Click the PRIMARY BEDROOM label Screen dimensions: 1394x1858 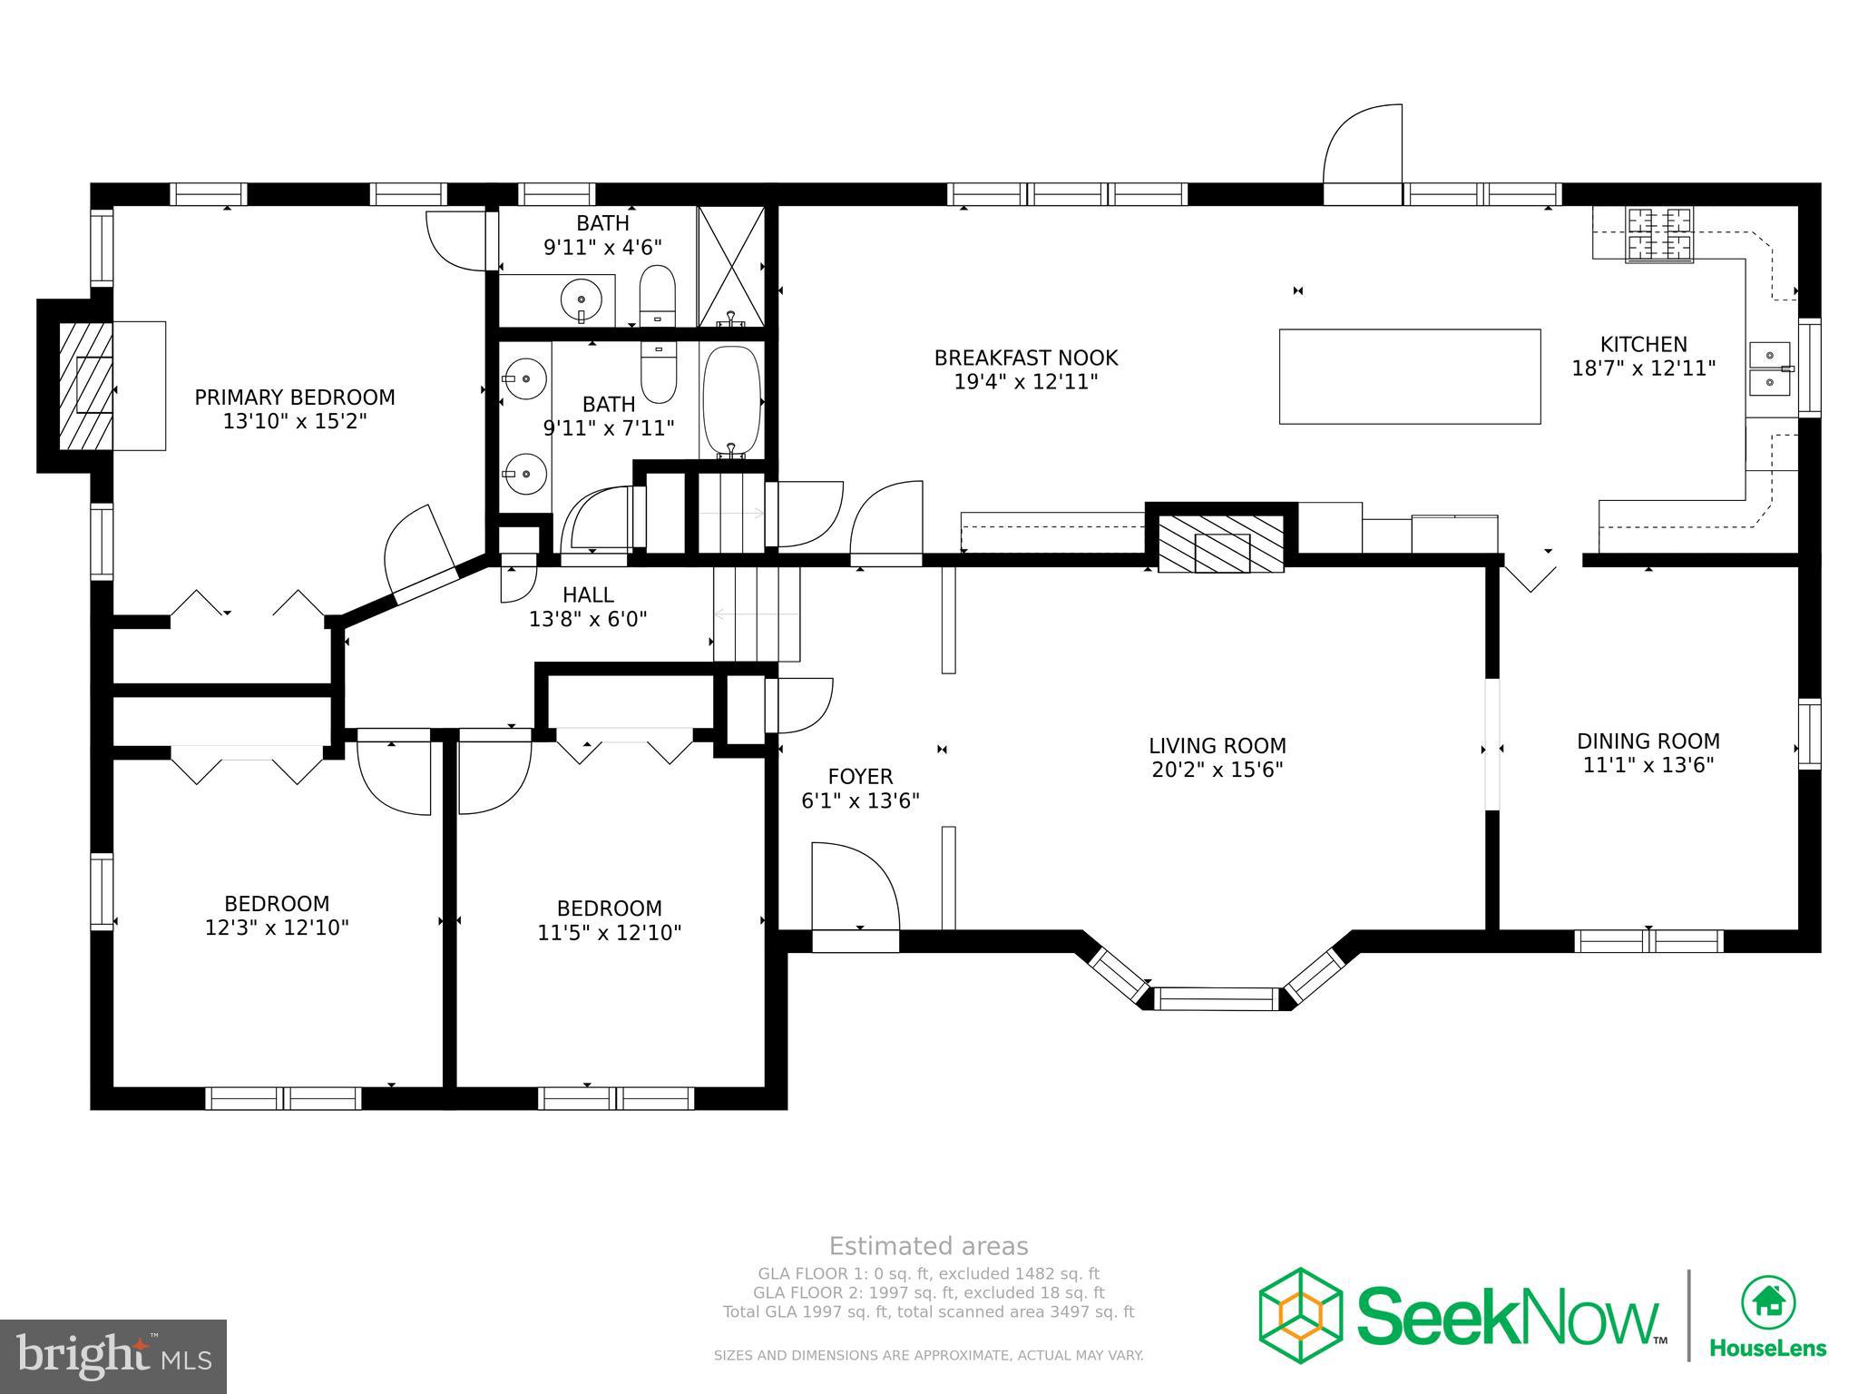coord(295,398)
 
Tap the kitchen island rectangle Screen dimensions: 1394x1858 coord(1409,377)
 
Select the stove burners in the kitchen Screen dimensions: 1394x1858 coord(1659,234)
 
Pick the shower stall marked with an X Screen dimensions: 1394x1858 coord(731,266)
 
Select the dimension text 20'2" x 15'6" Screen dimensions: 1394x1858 coord(1217,771)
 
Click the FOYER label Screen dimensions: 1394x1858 coord(860,777)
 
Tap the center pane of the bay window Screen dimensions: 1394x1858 coord(1217,998)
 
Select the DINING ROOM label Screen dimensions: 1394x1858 coord(1648,741)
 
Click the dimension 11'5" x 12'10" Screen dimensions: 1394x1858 coord(610,933)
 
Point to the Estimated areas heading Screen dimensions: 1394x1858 coord(928,1246)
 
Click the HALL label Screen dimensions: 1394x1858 coord(588,595)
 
